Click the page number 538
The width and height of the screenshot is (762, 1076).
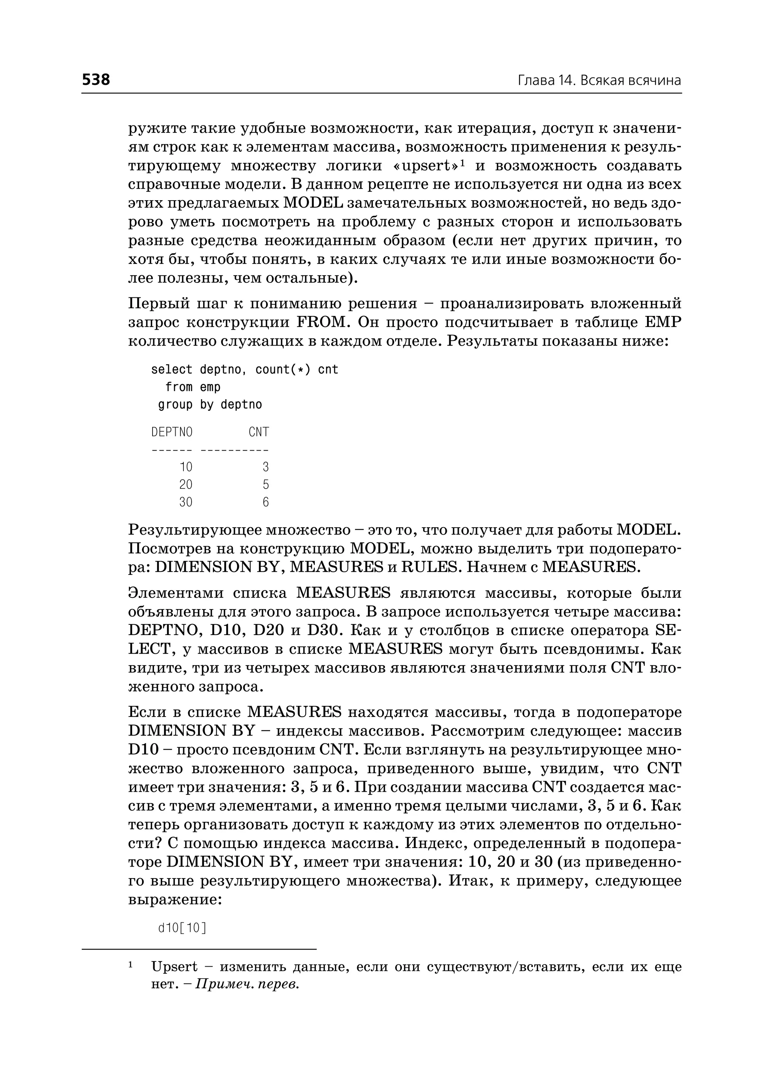click(x=96, y=79)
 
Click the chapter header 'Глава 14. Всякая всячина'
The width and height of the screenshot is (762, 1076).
click(x=599, y=80)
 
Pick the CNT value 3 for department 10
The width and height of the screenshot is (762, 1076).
click(x=266, y=467)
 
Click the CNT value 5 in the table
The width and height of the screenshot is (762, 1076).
click(x=266, y=484)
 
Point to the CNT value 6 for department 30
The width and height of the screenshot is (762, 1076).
click(x=266, y=502)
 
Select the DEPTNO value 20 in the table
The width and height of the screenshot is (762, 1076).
click(x=186, y=484)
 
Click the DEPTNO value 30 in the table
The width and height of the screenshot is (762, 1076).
click(x=186, y=502)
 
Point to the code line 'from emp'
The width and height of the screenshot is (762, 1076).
click(x=193, y=387)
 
